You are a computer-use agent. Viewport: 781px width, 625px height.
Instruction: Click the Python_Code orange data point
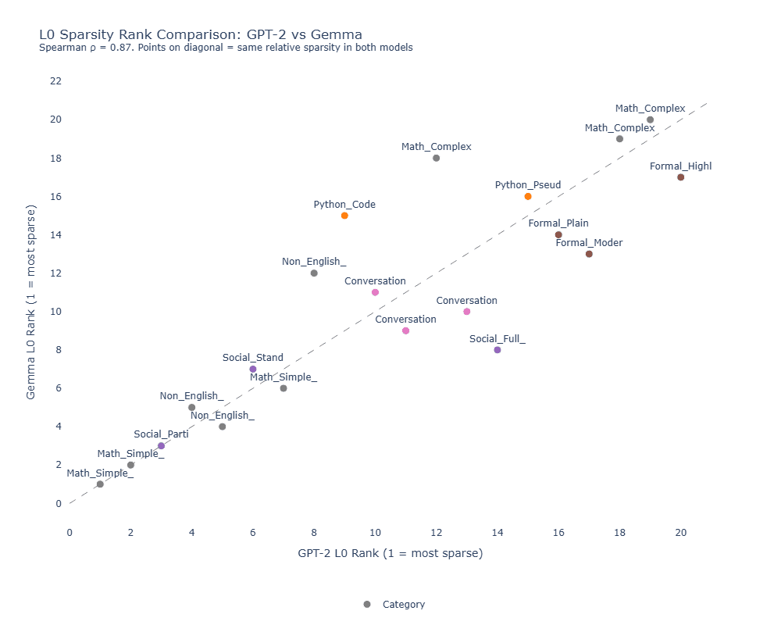point(344,216)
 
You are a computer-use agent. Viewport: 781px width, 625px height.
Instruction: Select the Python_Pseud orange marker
point(528,197)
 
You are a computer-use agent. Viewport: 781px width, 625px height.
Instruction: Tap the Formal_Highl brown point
point(681,177)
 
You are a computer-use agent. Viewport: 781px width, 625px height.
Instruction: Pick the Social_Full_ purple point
point(497,350)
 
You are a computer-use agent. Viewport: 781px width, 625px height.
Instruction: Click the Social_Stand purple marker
point(253,369)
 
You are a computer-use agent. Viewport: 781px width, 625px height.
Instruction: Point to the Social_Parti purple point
point(161,446)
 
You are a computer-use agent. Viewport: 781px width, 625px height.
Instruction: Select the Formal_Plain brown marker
point(558,234)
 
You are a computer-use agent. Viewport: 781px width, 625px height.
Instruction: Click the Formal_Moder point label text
point(589,243)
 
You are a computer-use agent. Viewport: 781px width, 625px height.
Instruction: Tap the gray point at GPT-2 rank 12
point(436,158)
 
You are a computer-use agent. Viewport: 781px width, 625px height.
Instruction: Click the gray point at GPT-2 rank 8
point(314,273)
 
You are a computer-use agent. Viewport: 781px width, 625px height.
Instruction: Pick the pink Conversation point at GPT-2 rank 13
point(467,312)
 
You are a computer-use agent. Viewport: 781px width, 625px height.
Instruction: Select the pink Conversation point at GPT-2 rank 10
point(375,292)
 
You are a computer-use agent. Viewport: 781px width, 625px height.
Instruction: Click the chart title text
point(200,34)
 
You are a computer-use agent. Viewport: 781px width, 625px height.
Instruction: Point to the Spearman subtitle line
point(226,48)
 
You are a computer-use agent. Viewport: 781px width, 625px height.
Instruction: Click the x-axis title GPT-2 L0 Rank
point(390,554)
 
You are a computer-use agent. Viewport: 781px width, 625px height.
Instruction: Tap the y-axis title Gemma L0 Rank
point(31,302)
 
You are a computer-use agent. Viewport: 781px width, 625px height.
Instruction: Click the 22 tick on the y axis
point(55,81)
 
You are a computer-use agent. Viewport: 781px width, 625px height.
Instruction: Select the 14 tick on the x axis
point(497,533)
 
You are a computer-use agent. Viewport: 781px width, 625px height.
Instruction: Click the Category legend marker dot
point(367,605)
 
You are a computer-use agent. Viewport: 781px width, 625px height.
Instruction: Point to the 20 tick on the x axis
point(681,533)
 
